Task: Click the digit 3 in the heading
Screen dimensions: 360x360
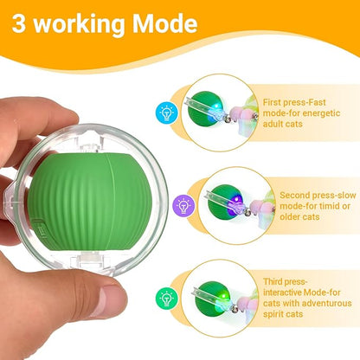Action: pyautogui.click(x=22, y=23)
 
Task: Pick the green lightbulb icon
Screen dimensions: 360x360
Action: pyautogui.click(x=166, y=297)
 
